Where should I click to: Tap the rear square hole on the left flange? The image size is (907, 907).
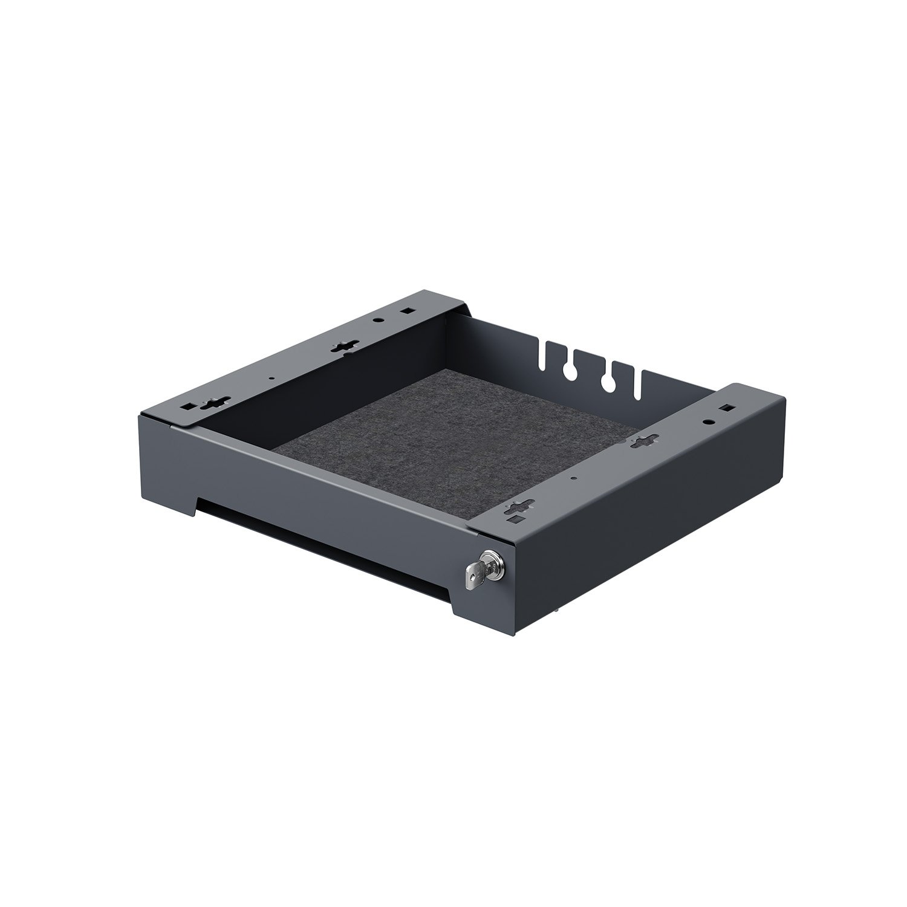pos(407,312)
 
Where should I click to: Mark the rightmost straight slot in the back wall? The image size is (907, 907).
pos(637,387)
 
